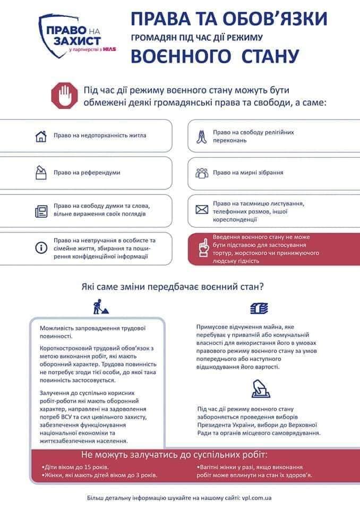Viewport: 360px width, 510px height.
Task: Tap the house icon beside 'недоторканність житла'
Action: click(41, 136)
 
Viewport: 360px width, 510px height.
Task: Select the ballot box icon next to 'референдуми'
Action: click(41, 172)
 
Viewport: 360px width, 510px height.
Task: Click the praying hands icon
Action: click(201, 136)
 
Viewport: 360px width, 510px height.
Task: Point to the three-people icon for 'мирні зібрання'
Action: click(201, 173)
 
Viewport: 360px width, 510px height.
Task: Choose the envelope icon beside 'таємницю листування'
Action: click(201, 210)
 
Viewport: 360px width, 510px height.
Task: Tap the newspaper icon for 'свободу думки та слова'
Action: click(41, 211)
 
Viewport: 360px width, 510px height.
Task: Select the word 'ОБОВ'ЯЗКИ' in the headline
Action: click(282, 20)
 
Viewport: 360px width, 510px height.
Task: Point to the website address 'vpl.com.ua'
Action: click(257, 499)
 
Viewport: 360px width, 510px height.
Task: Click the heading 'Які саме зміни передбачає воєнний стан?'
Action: click(173, 286)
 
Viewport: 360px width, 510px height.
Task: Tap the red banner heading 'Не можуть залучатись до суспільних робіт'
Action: click(174, 455)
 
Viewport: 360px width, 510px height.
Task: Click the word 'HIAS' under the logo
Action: click(110, 50)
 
